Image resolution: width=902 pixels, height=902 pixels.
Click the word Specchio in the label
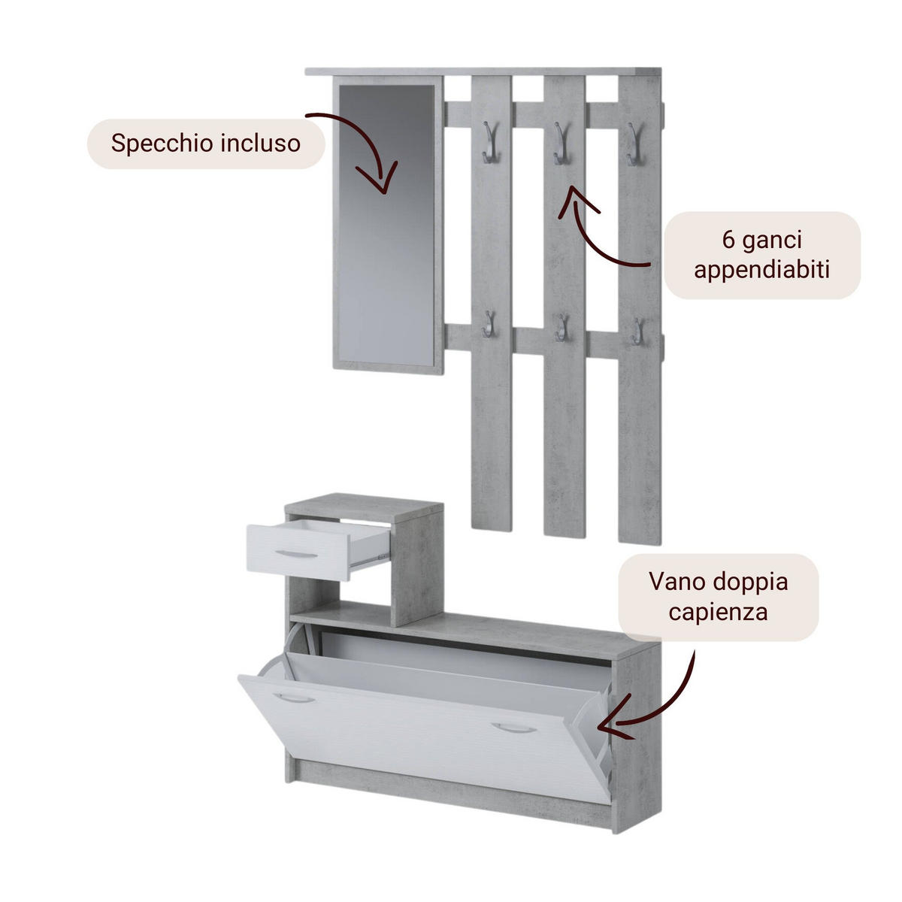point(154,143)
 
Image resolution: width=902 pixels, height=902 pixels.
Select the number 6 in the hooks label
point(728,241)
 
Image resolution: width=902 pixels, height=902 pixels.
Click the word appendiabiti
point(761,269)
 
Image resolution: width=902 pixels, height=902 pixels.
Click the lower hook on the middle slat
point(561,328)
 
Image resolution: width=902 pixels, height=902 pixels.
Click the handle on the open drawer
point(298,555)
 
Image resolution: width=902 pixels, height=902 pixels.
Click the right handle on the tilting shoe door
point(513,728)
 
